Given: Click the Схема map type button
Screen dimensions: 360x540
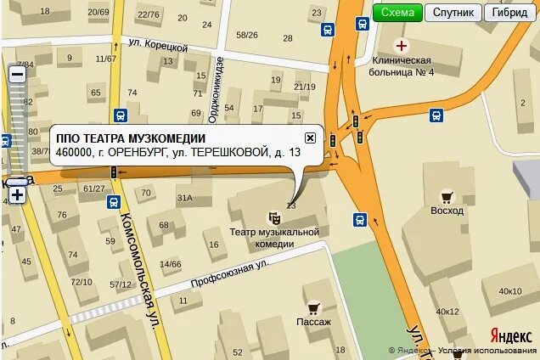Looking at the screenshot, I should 397,12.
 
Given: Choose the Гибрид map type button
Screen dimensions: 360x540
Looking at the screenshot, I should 509,12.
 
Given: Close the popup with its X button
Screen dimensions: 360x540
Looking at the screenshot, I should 310,138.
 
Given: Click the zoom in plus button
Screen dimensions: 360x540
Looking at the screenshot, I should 17,194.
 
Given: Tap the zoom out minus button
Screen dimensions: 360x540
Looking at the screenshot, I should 17,73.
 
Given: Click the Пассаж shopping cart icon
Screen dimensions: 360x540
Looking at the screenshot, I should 313,308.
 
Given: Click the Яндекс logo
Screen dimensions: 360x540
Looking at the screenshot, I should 510,335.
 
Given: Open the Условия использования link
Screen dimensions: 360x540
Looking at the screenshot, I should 488,351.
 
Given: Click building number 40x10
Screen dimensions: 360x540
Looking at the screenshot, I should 509,291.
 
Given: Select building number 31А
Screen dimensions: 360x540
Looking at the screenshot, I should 184,198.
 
